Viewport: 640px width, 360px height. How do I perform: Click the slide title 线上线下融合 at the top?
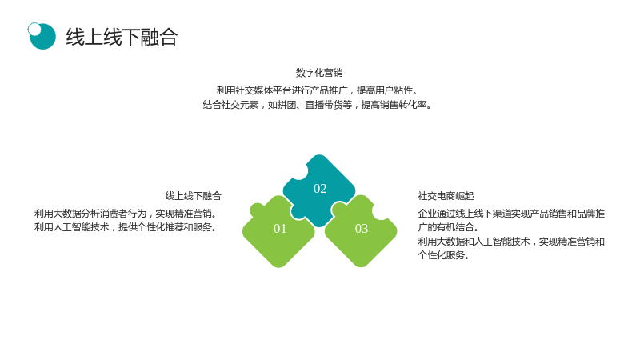(122, 37)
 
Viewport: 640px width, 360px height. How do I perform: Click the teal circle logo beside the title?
(42, 36)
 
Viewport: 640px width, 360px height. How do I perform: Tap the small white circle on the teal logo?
(34, 30)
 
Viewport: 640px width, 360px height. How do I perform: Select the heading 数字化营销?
(319, 73)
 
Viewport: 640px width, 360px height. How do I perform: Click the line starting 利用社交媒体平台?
(318, 90)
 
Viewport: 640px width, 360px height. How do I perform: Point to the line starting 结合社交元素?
(318, 105)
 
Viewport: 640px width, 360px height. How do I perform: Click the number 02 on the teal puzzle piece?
(320, 189)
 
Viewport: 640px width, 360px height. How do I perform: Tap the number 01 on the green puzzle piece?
(280, 229)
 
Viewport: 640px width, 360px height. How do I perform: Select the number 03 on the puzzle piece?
(362, 229)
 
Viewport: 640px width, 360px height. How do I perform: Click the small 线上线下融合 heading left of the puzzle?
(193, 196)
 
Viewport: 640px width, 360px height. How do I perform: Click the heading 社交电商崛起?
(446, 196)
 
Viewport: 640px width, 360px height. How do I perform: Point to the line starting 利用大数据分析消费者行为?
(126, 214)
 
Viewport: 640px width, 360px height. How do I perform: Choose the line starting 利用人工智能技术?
(126, 227)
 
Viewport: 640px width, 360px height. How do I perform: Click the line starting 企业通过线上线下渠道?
(511, 214)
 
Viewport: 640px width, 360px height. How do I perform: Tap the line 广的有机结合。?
(448, 227)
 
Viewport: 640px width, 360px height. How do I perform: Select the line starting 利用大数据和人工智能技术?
(511, 242)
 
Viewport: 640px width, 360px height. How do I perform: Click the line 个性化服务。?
(444, 255)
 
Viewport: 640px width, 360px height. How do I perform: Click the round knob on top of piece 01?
(257, 210)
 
